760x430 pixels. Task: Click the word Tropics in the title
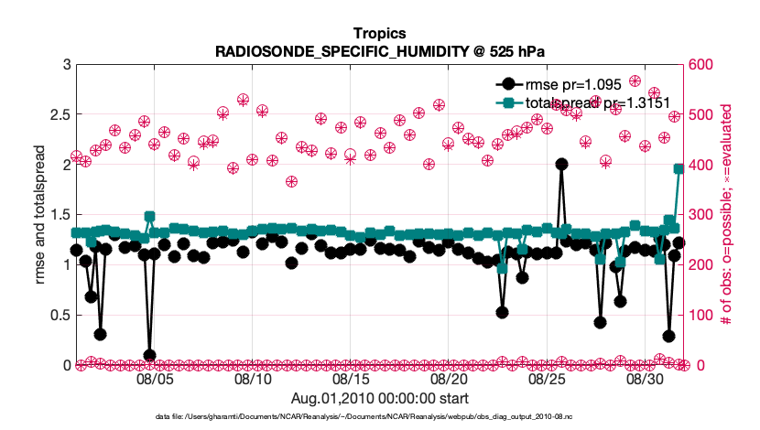pos(379,35)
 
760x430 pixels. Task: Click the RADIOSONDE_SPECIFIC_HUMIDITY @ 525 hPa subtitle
pos(379,51)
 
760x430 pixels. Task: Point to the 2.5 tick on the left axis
pos(58,114)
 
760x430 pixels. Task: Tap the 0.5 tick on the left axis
pos(58,316)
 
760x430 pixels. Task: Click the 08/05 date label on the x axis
pos(155,378)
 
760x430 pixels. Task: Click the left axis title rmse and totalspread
pos(40,215)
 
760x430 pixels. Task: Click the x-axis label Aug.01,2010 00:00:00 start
pos(379,398)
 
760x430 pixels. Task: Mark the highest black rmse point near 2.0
pos(561,165)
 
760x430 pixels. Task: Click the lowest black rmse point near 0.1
pos(149,355)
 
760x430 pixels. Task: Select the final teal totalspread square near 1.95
pos(679,169)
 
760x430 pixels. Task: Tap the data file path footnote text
pos(379,416)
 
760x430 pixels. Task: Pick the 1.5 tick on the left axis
pos(58,215)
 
